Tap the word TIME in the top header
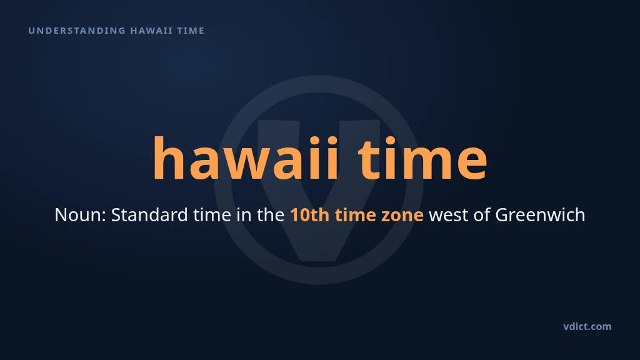point(191,31)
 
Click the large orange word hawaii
point(246,158)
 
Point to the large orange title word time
point(423,158)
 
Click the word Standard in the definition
point(149,215)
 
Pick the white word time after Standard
point(212,215)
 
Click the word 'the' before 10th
point(270,215)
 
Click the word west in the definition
point(448,216)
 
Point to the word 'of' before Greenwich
point(482,215)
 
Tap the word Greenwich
point(541,215)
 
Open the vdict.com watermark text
point(587,326)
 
